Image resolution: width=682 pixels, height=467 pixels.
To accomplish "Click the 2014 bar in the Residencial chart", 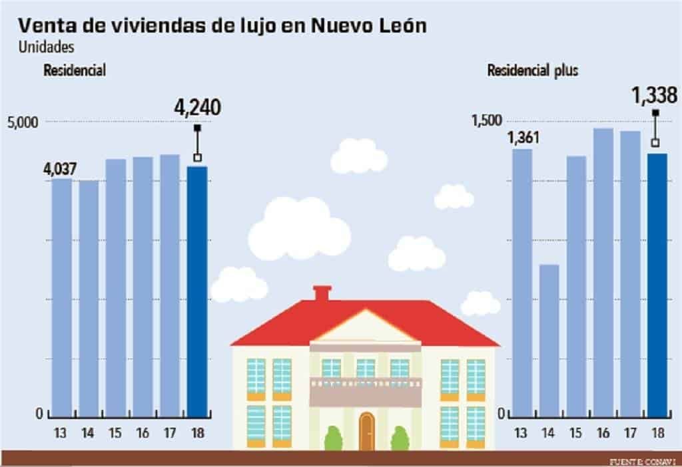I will click(89, 297).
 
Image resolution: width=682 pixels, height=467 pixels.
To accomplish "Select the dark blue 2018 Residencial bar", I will click(197, 291).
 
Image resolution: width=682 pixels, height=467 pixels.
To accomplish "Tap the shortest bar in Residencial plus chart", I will click(549, 339).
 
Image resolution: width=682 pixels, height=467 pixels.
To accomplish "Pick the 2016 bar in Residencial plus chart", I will click(603, 271).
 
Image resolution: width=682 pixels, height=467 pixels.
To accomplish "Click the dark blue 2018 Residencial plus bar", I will click(657, 284).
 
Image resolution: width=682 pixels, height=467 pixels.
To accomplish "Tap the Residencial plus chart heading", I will click(532, 71).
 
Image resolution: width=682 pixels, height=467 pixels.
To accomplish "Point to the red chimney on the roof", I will click(322, 293).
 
